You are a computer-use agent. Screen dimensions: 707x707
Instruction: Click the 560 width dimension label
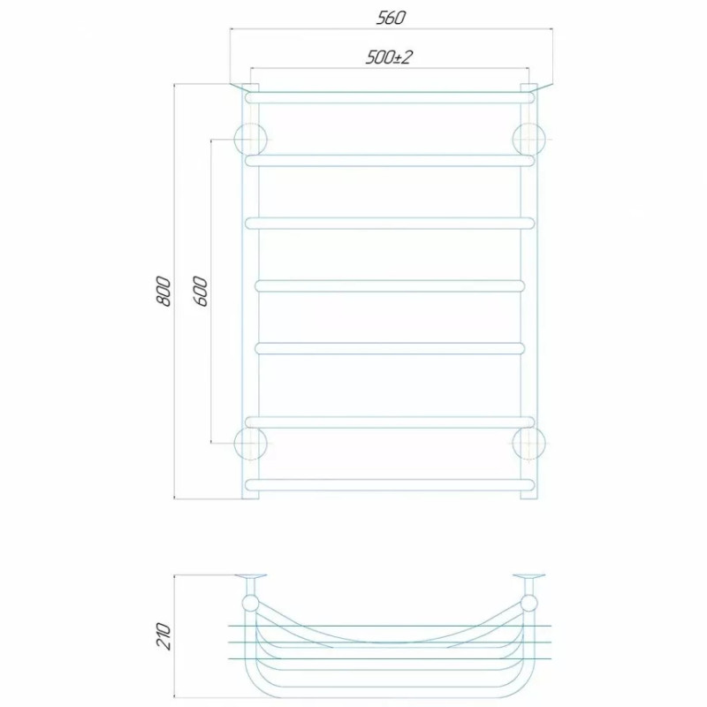tap(391, 18)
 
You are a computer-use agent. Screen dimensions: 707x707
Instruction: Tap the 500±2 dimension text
tap(389, 57)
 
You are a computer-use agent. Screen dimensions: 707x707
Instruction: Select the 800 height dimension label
tap(163, 292)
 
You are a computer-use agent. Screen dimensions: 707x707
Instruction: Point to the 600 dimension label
tap(201, 292)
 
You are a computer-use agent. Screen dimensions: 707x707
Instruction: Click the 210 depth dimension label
tap(163, 636)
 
